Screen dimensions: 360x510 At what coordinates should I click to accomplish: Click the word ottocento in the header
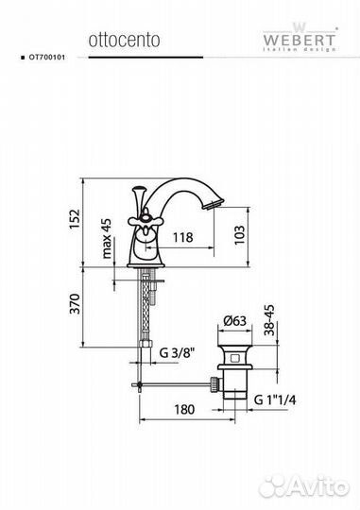click(x=124, y=40)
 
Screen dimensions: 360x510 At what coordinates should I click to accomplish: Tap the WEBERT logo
click(x=300, y=37)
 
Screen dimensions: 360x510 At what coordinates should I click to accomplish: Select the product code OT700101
click(x=47, y=58)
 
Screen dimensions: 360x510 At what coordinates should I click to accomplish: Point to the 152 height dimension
click(x=75, y=219)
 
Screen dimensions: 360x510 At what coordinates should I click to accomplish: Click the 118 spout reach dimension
click(x=182, y=237)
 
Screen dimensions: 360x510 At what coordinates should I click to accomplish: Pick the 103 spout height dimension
click(x=239, y=235)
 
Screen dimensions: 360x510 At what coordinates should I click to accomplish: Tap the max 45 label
click(x=107, y=238)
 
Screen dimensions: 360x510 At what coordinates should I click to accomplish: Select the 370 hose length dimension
click(x=75, y=304)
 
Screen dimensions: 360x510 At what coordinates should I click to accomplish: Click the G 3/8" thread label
click(x=177, y=352)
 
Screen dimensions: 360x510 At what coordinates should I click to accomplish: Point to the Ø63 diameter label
click(x=234, y=321)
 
